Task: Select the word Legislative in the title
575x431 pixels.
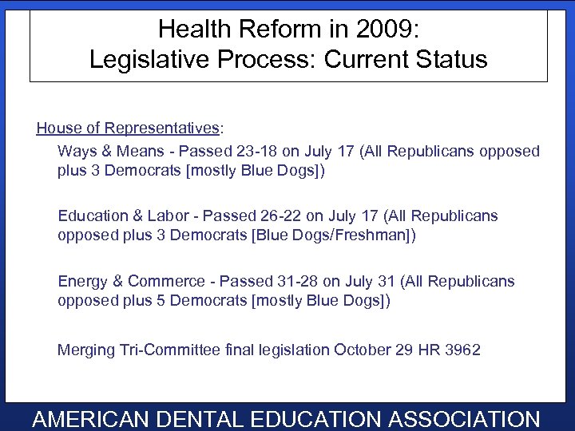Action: click(157, 60)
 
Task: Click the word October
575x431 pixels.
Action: click(363, 350)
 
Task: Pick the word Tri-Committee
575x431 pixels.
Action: click(168, 350)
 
